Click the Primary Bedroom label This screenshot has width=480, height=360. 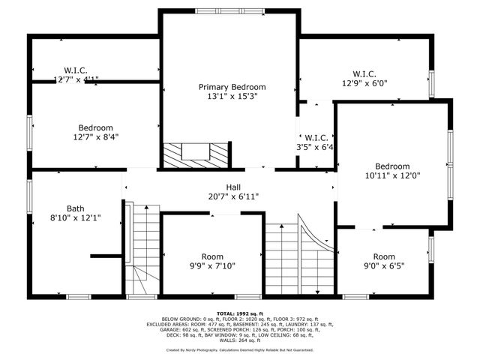tap(232, 87)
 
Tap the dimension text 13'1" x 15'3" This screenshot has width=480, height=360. tap(232, 97)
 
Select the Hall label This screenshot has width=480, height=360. tap(233, 187)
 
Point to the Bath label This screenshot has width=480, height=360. tap(75, 208)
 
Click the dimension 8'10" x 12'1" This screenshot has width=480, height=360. tap(75, 218)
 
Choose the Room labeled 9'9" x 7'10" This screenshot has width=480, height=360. tap(212, 256)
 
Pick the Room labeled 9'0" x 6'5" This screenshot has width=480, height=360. tap(383, 256)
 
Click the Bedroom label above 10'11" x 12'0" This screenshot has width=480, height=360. tap(392, 166)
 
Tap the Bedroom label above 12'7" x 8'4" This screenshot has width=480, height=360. tap(96, 127)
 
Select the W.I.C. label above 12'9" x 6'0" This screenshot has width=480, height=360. tap(364, 73)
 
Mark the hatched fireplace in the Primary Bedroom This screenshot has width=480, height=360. tap(196, 154)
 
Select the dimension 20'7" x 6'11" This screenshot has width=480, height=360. tap(233, 196)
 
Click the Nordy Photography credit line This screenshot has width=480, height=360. tap(240, 349)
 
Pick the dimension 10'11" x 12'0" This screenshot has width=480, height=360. tap(392, 176)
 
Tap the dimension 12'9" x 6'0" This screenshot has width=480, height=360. tap(364, 83)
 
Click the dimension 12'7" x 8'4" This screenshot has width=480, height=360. tap(96, 137)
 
